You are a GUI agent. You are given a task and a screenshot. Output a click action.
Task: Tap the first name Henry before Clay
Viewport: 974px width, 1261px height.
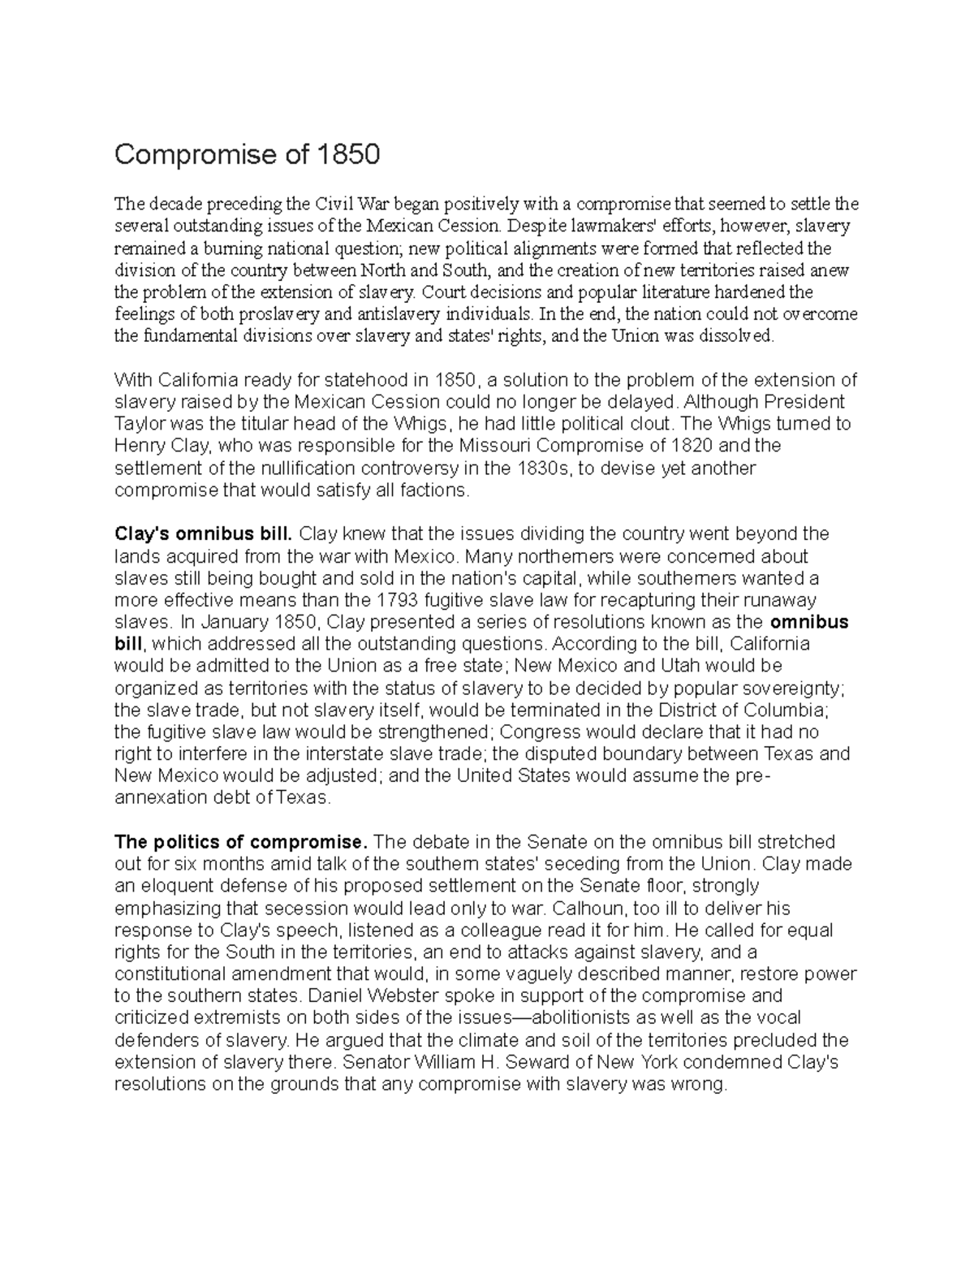(x=139, y=446)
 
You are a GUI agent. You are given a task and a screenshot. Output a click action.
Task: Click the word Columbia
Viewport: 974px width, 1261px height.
(x=782, y=710)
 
